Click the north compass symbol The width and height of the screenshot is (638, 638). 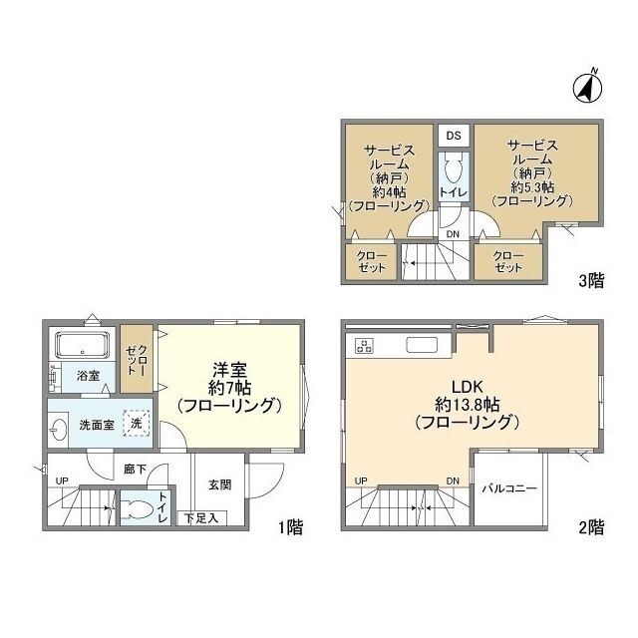(588, 88)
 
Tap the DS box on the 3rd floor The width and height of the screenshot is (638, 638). (454, 136)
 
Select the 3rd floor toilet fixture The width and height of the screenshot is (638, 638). (454, 169)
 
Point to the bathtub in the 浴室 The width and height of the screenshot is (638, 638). (82, 345)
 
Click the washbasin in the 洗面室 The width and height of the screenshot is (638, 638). (58, 430)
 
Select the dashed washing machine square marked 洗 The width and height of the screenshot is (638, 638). (137, 423)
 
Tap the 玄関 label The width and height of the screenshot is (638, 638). (219, 484)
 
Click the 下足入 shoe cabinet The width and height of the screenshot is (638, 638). (201, 518)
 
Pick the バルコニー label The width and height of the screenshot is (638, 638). (509, 488)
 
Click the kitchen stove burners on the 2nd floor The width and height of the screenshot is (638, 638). (364, 346)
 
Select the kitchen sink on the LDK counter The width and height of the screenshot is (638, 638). (422, 345)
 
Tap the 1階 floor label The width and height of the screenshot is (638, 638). (291, 527)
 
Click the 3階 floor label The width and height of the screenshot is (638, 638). (591, 281)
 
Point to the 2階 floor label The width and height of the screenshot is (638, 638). (591, 527)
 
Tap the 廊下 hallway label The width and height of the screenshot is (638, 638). (135, 470)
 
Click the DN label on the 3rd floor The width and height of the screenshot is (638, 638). (453, 234)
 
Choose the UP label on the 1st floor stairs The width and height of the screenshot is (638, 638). (62, 480)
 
